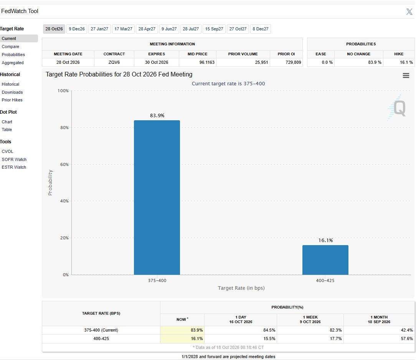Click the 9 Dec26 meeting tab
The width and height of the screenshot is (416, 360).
pos(77,29)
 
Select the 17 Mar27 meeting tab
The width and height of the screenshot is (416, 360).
pos(123,29)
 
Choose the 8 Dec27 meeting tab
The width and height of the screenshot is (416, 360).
pos(261,29)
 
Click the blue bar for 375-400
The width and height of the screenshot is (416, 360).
pos(157,197)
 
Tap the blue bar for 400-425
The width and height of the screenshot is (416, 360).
pos(325,260)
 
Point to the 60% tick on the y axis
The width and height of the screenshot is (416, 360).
pos(64,164)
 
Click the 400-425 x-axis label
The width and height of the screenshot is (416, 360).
pos(325,280)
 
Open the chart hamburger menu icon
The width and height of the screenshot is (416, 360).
pos(406,75)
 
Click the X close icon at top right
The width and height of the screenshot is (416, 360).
pos(409,12)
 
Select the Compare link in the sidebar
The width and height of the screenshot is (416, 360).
pos(10,46)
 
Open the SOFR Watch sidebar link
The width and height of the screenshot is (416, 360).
pos(14,159)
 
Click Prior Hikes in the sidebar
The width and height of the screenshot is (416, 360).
pos(12,100)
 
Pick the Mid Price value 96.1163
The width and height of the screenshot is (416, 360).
pos(207,63)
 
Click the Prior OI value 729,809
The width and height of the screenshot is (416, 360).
pos(293,63)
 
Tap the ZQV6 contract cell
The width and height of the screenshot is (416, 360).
pos(114,63)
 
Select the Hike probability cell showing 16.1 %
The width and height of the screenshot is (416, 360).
pos(406,63)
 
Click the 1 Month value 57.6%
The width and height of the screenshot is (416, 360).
pos(407,339)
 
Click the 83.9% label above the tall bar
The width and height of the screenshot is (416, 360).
pos(157,116)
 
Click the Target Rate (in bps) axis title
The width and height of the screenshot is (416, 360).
pos(241,288)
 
